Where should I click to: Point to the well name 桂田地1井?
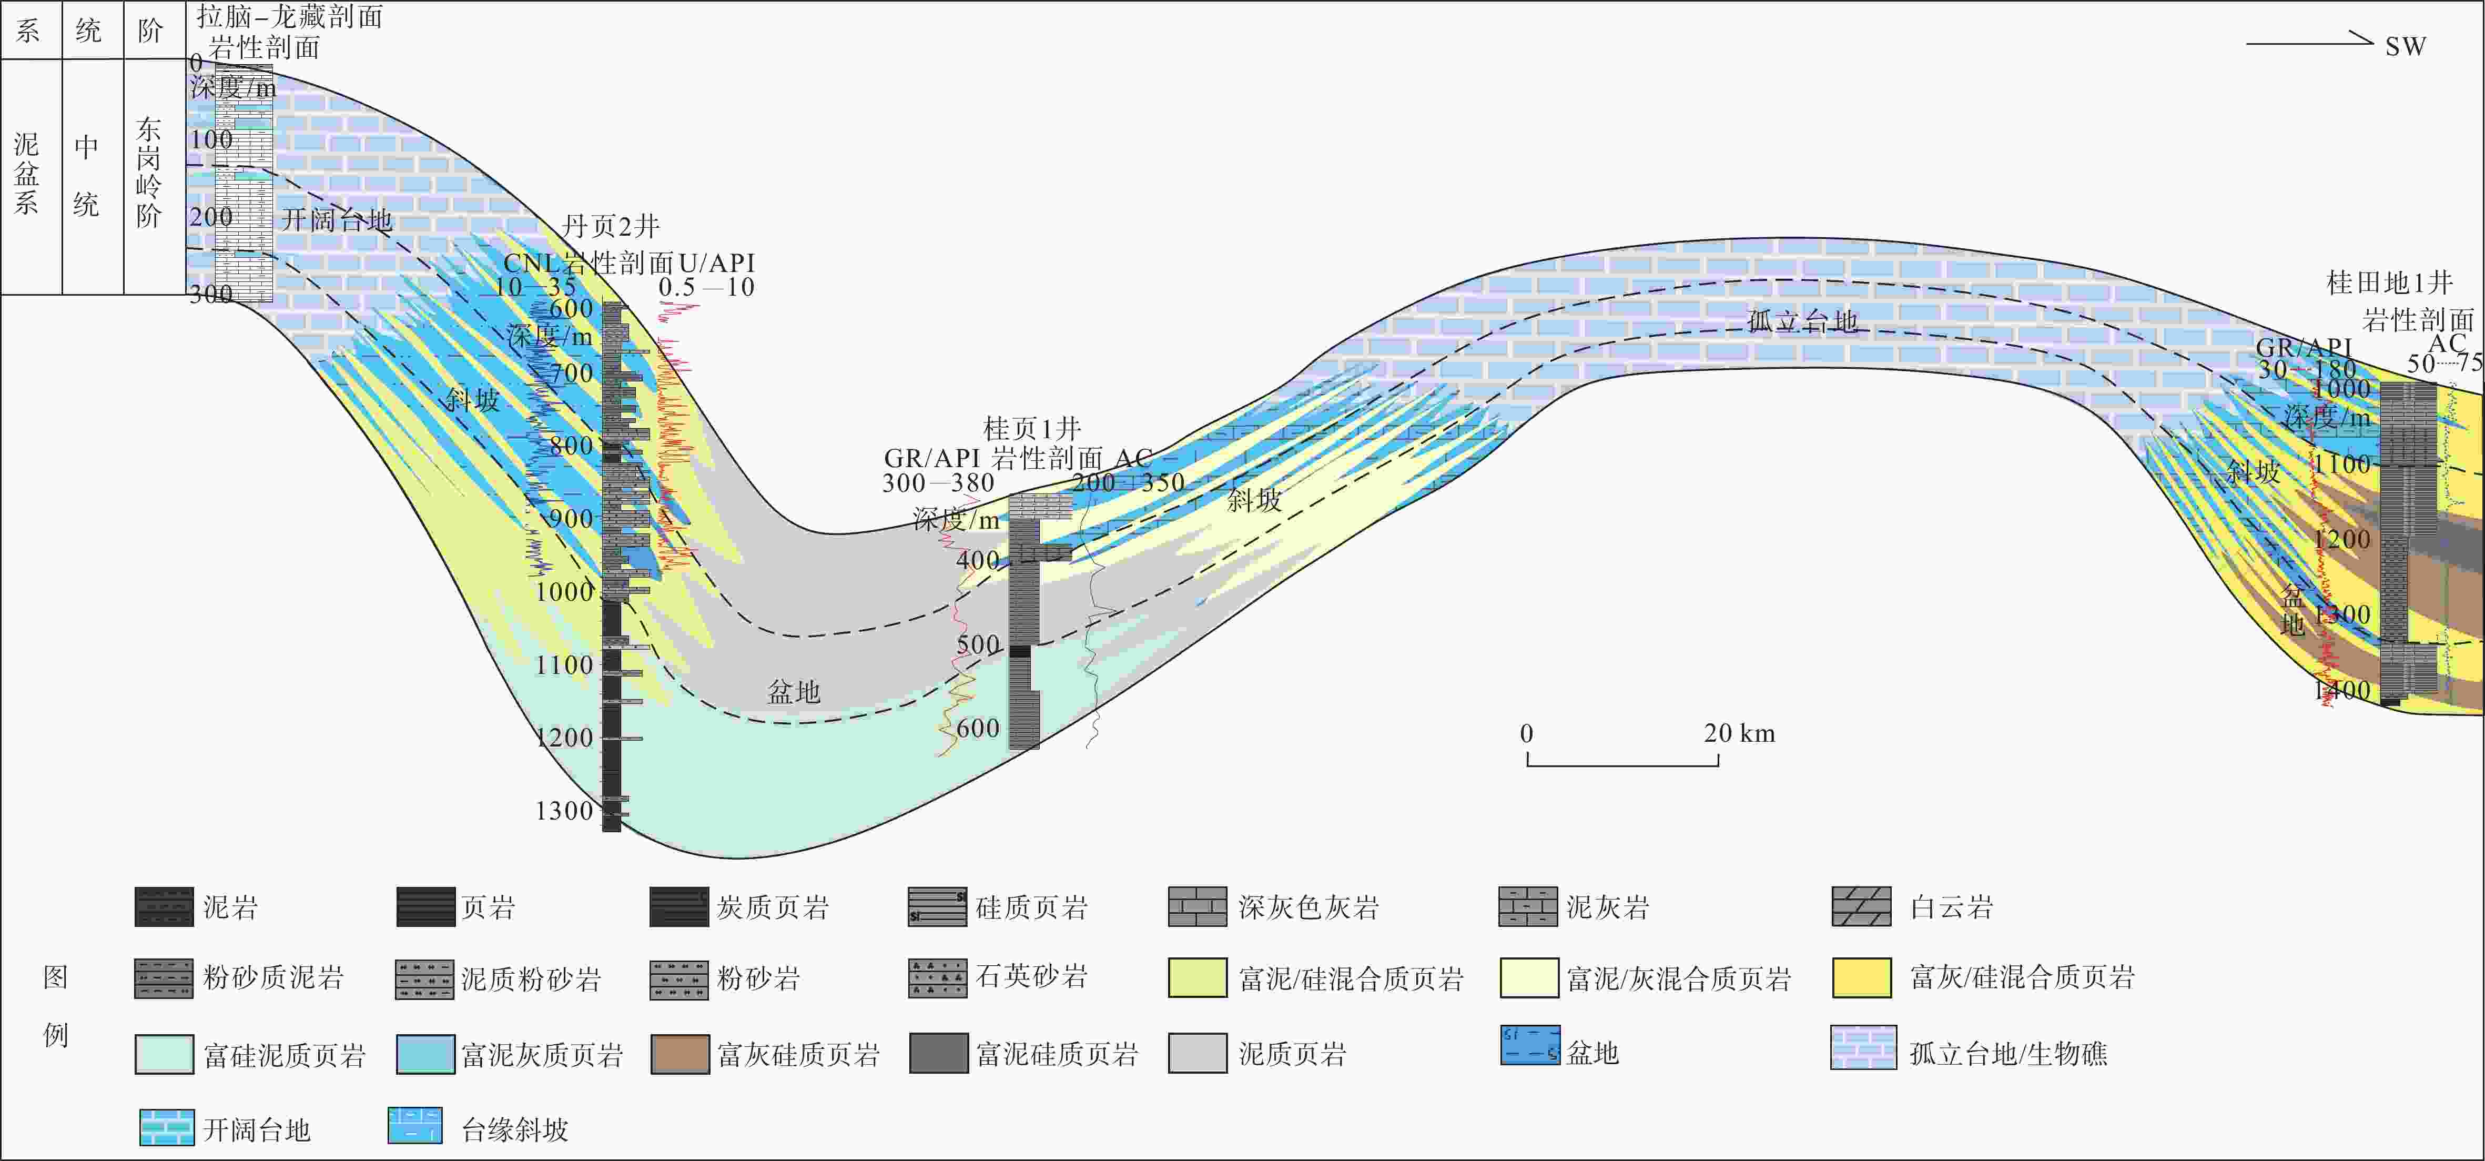2389,283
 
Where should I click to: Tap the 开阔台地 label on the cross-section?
337,220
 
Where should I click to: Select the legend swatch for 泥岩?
164,907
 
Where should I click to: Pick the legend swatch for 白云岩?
1861,907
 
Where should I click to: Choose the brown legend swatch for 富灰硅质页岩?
680,1054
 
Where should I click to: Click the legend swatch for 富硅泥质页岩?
164,1054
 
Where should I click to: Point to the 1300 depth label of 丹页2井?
564,811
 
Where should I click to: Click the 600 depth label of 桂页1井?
977,728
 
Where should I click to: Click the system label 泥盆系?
27,174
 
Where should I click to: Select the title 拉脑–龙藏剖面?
289,16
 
